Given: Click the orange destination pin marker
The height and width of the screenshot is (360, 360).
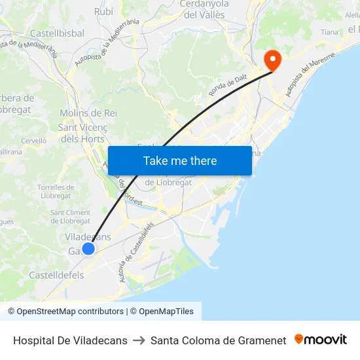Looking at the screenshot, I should (x=272, y=61).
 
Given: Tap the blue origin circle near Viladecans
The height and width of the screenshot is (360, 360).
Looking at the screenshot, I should (x=88, y=248).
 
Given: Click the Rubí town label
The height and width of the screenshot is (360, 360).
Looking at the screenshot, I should (x=103, y=11).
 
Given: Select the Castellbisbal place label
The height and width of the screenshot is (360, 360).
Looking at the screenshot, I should (x=57, y=33).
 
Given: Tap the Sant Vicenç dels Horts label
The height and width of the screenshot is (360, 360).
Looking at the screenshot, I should (x=82, y=133).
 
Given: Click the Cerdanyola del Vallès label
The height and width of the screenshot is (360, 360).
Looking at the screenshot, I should (x=204, y=9).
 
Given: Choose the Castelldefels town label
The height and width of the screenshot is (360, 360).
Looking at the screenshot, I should (x=56, y=275).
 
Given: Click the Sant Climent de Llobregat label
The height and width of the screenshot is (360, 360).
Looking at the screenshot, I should (x=71, y=217).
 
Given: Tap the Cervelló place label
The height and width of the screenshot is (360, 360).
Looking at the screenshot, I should (x=33, y=140).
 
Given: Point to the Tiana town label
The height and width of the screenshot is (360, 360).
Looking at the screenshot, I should (x=330, y=31).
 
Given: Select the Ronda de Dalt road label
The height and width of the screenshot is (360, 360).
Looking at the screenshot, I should (x=228, y=84).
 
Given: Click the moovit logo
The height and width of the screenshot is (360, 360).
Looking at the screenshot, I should (x=321, y=340).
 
